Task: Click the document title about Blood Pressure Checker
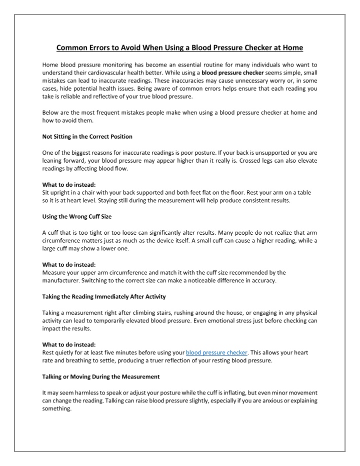click(x=179, y=48)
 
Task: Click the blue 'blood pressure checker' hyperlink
click(x=217, y=352)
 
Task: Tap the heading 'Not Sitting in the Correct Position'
click(x=87, y=137)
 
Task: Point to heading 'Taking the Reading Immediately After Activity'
click(x=104, y=297)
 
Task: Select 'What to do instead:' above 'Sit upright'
click(x=69, y=185)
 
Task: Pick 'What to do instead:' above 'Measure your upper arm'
click(x=69, y=265)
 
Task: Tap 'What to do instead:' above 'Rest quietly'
click(x=69, y=345)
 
